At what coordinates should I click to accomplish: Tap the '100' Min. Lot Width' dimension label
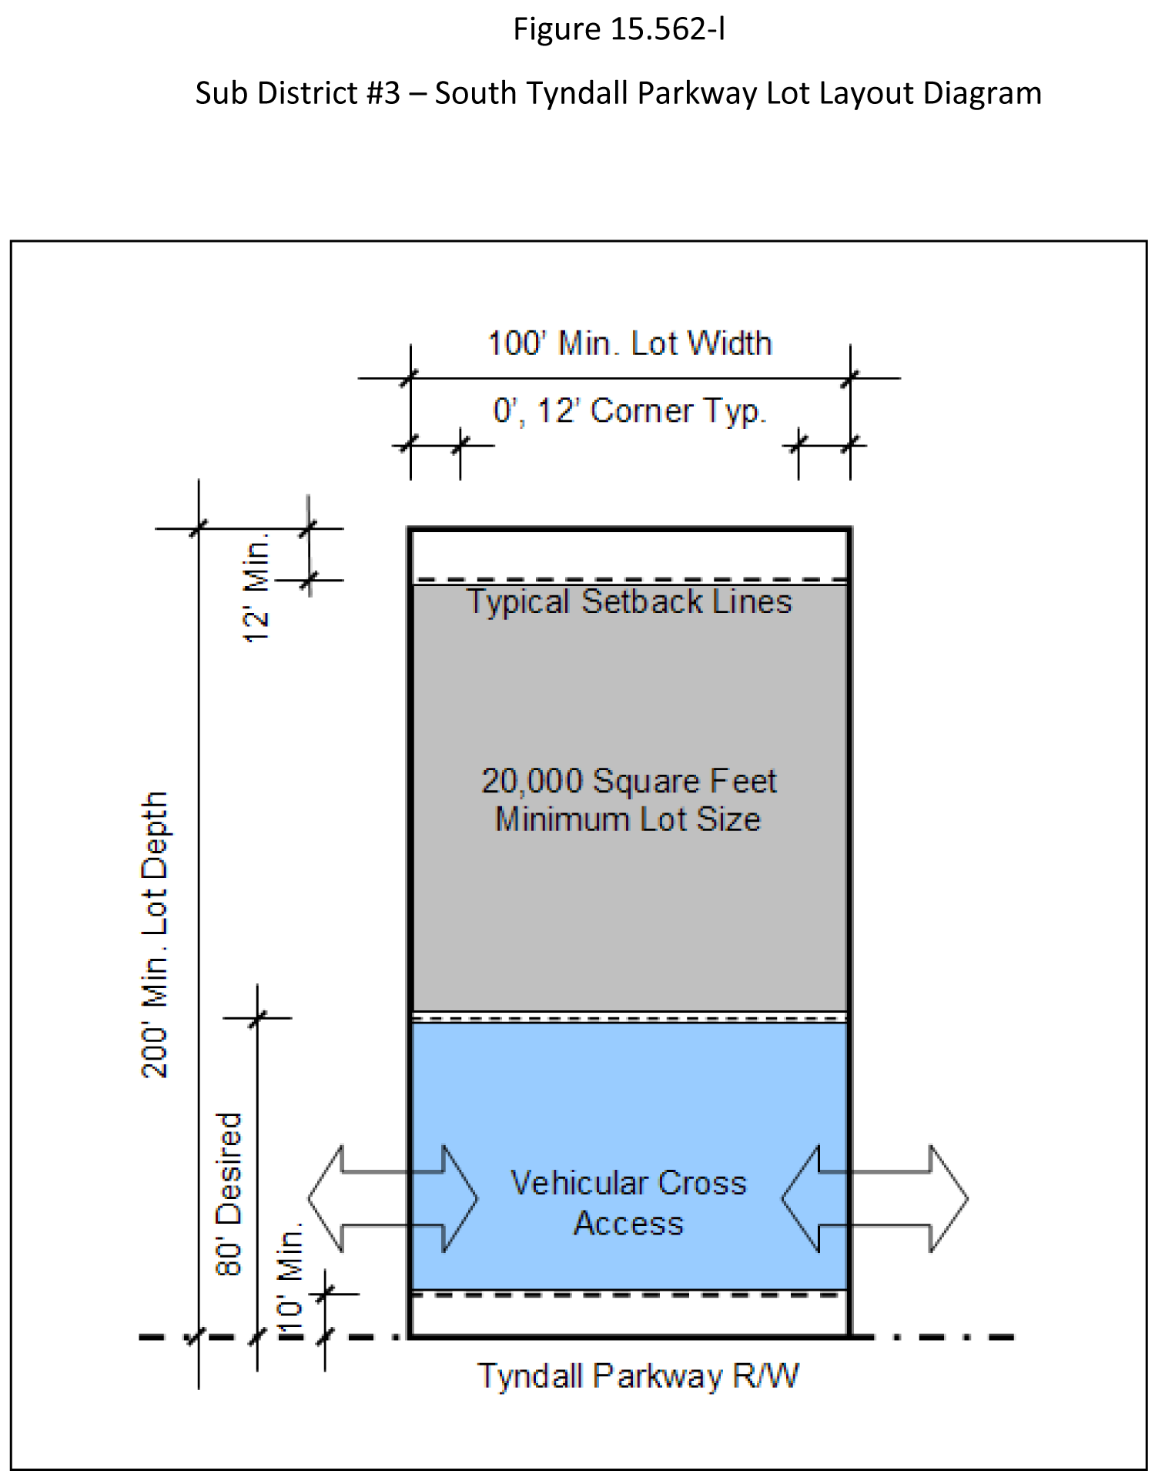click(x=629, y=343)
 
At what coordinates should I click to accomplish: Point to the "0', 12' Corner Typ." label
click(x=629, y=411)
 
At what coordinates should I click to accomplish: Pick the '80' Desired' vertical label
click(x=229, y=1194)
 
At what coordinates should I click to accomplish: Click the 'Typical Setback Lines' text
click(x=629, y=601)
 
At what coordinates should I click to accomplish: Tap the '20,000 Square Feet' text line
click(x=629, y=781)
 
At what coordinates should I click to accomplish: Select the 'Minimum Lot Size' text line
click(x=628, y=819)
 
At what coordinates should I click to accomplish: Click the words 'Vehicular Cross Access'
click(x=628, y=1203)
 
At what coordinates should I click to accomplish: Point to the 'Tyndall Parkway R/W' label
click(x=638, y=1375)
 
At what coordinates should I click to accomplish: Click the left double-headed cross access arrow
click(x=393, y=1198)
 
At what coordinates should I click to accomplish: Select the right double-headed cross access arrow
click(x=875, y=1198)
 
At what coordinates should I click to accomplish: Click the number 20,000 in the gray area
click(x=532, y=781)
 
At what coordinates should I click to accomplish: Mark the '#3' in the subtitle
click(x=383, y=93)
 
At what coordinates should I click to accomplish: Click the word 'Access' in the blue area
click(x=628, y=1224)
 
